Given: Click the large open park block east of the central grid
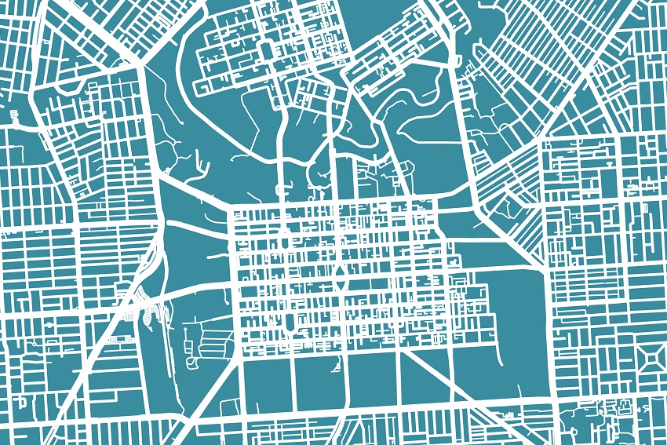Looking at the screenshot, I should click(518, 314).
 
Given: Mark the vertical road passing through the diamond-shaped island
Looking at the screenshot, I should click(340, 235).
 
